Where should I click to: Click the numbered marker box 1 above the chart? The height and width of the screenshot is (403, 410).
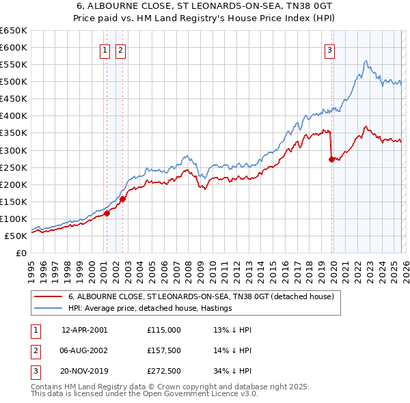[105, 49]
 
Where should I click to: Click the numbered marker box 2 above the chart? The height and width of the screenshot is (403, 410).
[120, 49]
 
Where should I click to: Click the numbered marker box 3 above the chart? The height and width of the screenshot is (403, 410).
[329, 49]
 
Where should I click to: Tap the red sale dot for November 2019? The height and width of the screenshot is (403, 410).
[332, 159]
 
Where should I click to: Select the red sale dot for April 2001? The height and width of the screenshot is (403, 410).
[107, 213]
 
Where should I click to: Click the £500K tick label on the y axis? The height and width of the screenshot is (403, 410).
[14, 82]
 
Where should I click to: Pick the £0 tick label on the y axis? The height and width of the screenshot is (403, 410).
[20, 253]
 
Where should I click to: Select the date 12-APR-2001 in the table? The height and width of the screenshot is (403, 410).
[84, 329]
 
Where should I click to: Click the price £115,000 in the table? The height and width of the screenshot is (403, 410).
[164, 329]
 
